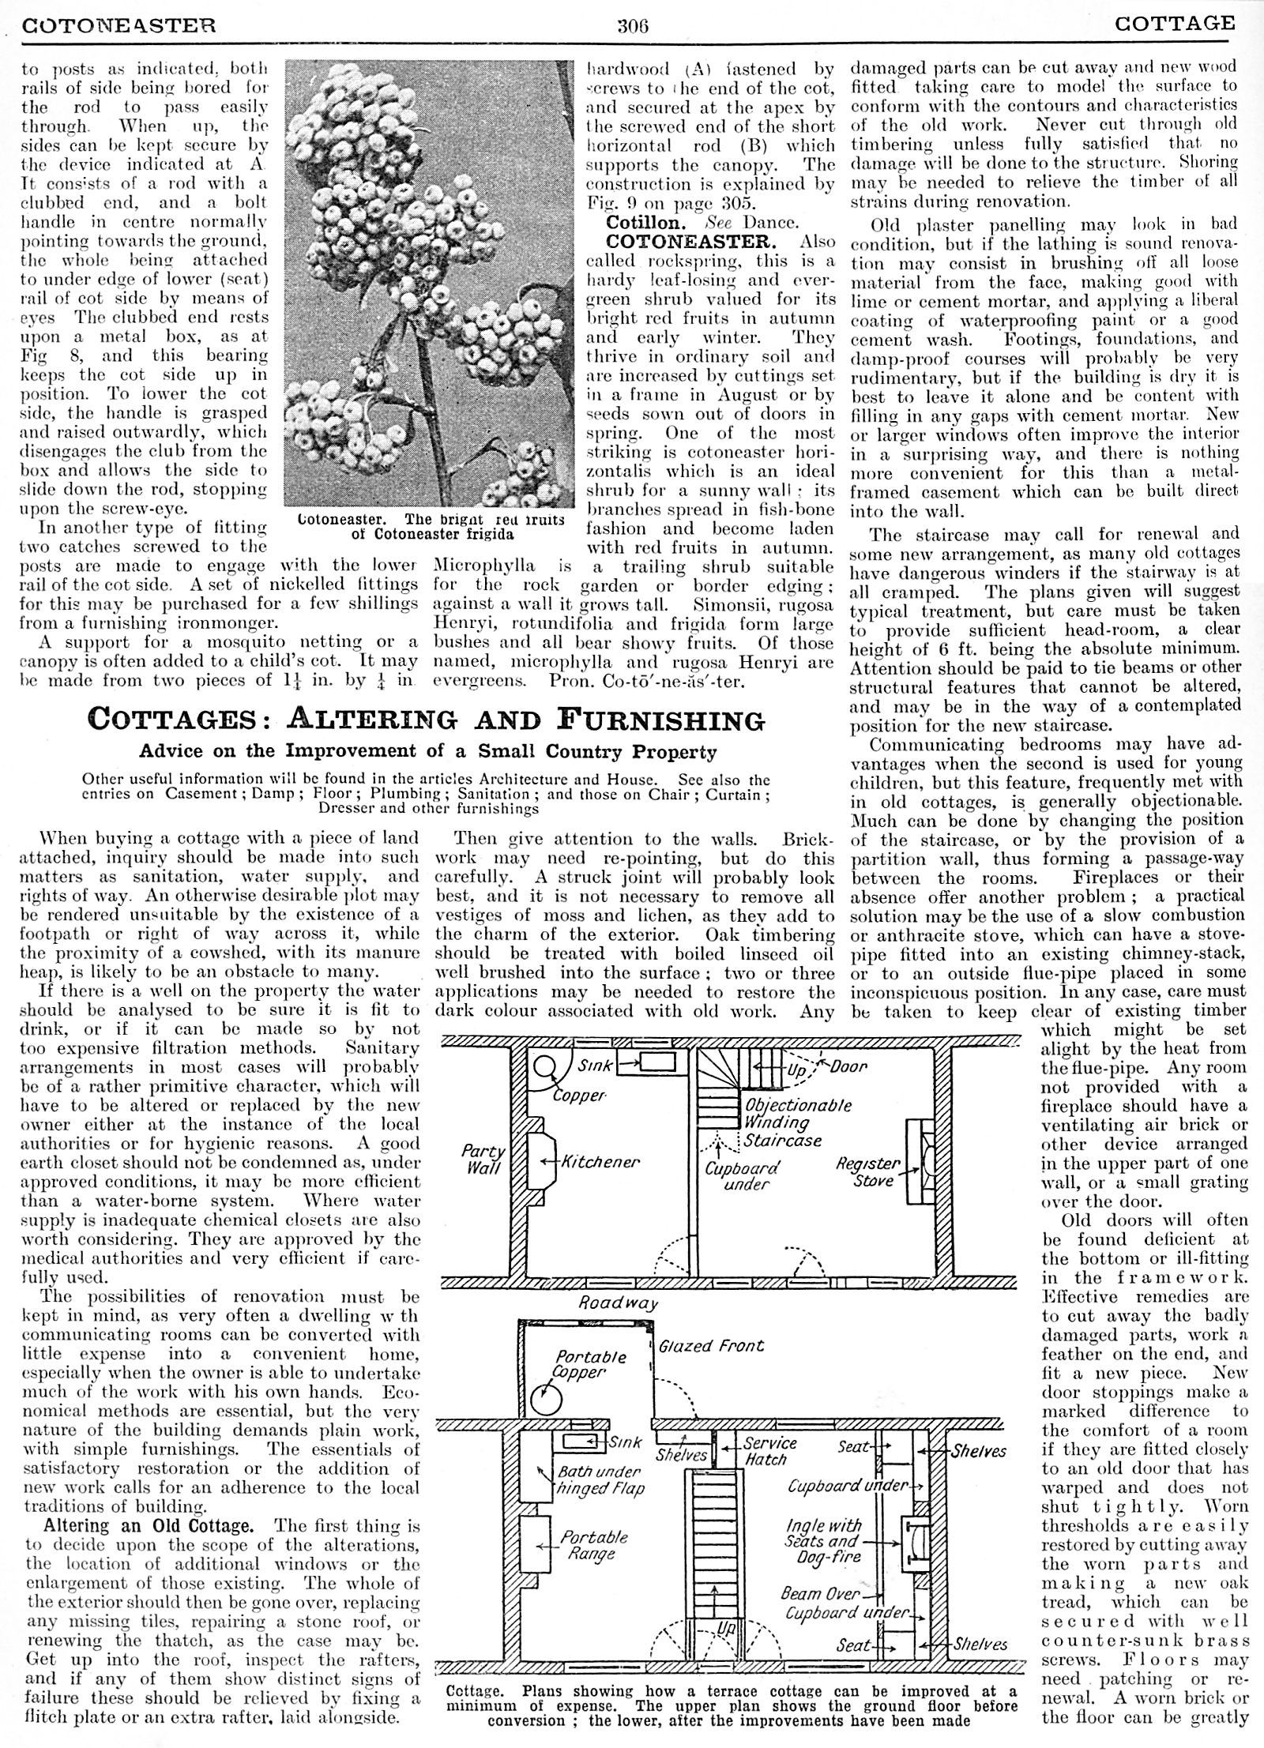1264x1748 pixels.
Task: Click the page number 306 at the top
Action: [632, 25]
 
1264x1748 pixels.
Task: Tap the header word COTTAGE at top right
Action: [1175, 23]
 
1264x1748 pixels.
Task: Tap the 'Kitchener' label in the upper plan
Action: [600, 1162]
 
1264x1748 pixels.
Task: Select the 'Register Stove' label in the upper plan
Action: [868, 1172]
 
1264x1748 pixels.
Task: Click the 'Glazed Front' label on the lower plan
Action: [711, 1345]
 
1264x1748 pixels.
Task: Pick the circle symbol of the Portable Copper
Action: [546, 1400]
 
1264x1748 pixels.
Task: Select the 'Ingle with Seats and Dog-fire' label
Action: [822, 1541]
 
